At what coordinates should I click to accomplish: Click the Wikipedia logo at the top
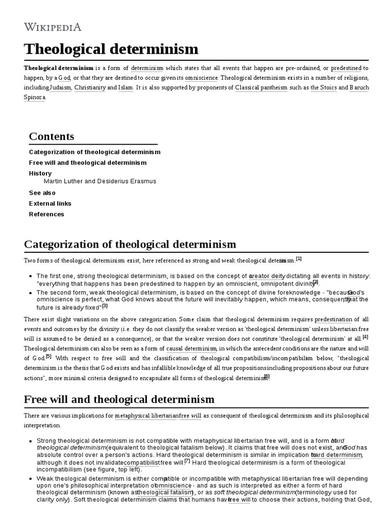pyautogui.click(x=53, y=27)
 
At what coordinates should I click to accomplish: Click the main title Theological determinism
pyautogui.click(x=111, y=49)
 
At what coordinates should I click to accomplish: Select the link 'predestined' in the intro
pyautogui.click(x=347, y=68)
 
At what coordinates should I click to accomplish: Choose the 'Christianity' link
pyautogui.click(x=90, y=87)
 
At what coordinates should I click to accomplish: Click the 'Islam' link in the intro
pyautogui.click(x=125, y=87)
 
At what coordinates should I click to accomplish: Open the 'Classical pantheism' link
pyautogui.click(x=261, y=87)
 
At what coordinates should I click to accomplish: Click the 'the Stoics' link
pyautogui.click(x=323, y=87)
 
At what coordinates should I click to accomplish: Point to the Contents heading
pyautogui.click(x=52, y=136)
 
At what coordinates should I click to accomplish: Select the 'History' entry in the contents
pyautogui.click(x=40, y=173)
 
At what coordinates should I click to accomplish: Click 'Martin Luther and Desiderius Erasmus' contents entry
pyautogui.click(x=100, y=181)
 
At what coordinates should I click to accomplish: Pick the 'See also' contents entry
pyautogui.click(x=42, y=193)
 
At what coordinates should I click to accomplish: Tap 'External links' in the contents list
pyautogui.click(x=50, y=203)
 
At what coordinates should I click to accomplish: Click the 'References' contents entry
pyautogui.click(x=46, y=214)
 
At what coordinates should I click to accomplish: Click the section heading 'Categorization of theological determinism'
pyautogui.click(x=130, y=244)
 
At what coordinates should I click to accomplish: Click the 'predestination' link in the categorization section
pyautogui.click(x=333, y=319)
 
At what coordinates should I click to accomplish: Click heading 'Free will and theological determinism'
pyautogui.click(x=119, y=399)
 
